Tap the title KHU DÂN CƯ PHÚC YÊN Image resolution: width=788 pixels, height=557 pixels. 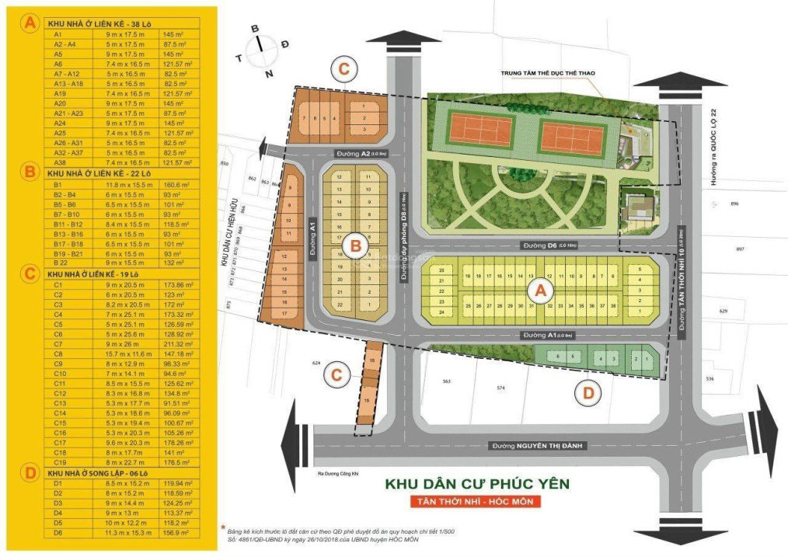pos(477,484)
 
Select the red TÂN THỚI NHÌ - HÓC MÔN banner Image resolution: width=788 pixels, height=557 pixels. pos(476,502)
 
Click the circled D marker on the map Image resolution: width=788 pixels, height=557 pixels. pos(588,394)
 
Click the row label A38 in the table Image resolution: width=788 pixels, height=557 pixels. pos(58,162)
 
